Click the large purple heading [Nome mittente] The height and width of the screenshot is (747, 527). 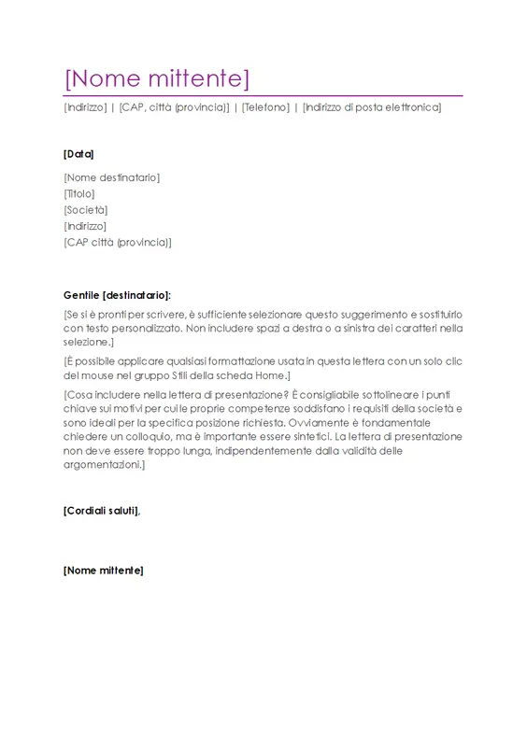point(156,78)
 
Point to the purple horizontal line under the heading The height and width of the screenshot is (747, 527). point(263,95)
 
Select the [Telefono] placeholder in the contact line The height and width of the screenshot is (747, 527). point(264,107)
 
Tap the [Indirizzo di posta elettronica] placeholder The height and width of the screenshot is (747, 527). point(371,107)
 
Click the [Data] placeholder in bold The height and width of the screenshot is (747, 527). point(78,154)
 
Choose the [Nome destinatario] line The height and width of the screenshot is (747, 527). point(111,177)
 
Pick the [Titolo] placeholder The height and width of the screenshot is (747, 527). point(79,193)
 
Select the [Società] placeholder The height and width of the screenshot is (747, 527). point(85,209)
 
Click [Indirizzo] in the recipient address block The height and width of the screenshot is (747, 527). point(85,225)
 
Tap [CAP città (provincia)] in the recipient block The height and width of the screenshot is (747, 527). point(118,242)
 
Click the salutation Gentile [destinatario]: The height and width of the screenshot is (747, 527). point(118,294)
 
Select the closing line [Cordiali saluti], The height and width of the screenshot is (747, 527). point(102,510)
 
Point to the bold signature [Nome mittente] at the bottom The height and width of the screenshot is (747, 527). point(104,570)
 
